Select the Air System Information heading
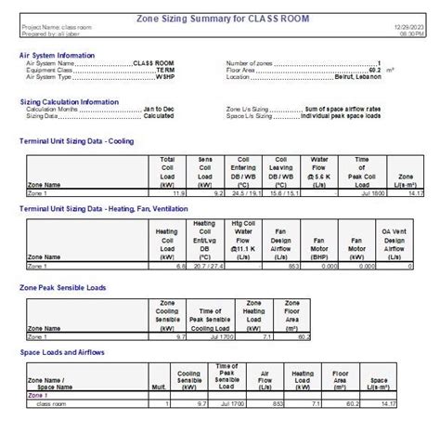57,55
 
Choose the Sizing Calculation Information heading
70,99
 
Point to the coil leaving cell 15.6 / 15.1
285,193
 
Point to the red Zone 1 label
38,395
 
